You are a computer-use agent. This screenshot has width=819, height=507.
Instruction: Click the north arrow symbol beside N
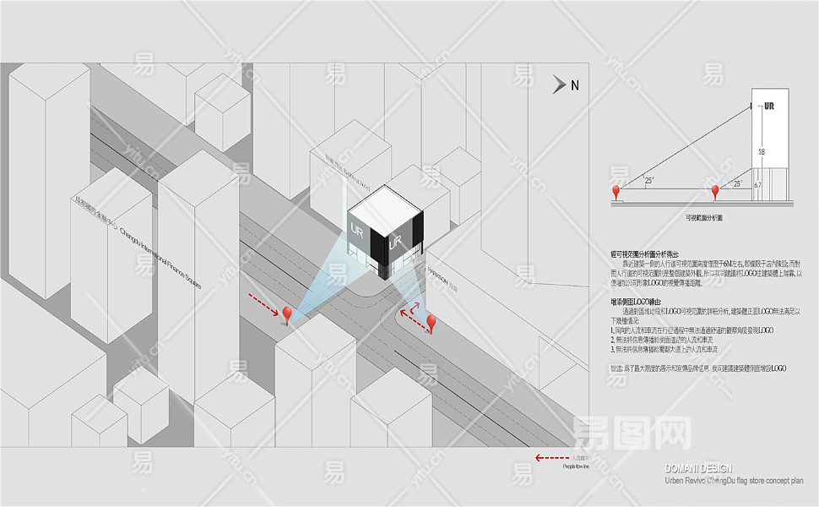click(560, 84)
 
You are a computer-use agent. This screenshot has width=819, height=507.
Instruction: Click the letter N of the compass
click(575, 84)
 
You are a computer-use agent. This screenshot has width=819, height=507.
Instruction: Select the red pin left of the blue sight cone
click(288, 315)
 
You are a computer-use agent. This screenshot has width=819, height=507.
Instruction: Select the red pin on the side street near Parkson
click(431, 323)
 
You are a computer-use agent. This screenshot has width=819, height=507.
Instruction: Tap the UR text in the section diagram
click(768, 106)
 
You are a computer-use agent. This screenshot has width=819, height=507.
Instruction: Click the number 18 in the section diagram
click(762, 151)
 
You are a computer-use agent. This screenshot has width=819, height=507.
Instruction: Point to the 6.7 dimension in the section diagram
click(757, 184)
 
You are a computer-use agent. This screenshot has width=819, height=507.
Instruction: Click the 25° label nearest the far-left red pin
click(648, 180)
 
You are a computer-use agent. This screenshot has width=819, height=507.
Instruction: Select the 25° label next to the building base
click(737, 183)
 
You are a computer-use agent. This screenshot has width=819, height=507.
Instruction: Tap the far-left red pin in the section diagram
click(616, 192)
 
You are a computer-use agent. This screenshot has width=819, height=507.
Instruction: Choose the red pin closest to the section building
click(715, 192)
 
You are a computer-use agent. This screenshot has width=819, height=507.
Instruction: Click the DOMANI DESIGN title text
click(698, 468)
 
